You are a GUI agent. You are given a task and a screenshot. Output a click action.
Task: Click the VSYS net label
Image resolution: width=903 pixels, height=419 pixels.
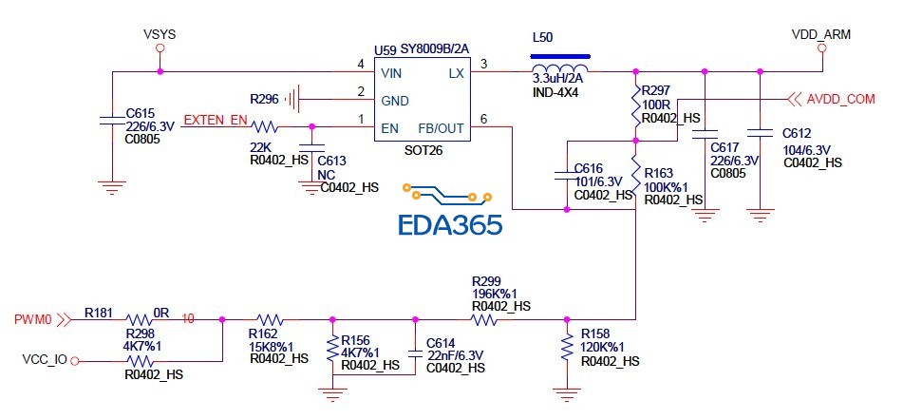(x=160, y=35)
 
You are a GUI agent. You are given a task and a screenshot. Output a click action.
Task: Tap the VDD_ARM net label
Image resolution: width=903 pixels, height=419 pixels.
(x=820, y=35)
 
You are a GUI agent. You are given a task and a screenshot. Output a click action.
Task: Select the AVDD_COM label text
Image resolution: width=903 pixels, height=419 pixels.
(x=840, y=98)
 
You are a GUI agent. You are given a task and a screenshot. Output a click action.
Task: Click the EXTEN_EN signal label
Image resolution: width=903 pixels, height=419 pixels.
(x=215, y=121)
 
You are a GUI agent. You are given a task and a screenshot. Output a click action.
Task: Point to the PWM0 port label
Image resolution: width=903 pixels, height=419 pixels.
(x=34, y=320)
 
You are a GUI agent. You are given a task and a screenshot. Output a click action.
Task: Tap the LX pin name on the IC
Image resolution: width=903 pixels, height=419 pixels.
(x=456, y=72)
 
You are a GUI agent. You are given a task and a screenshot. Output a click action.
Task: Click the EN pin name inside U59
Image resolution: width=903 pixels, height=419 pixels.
(x=389, y=127)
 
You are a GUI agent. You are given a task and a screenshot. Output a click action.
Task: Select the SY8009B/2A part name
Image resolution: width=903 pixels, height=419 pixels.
(x=435, y=48)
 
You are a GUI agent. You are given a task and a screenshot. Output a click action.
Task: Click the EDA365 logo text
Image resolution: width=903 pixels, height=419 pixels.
(x=449, y=225)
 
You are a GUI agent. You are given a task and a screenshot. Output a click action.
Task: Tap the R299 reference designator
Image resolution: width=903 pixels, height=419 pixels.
(x=487, y=282)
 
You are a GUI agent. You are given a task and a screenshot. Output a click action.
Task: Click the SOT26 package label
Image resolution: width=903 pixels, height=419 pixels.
(x=423, y=151)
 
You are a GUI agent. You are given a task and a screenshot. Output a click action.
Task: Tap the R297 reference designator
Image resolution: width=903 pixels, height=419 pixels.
(x=656, y=90)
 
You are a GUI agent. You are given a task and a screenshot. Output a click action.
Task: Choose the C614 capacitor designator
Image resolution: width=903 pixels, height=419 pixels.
(x=442, y=342)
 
